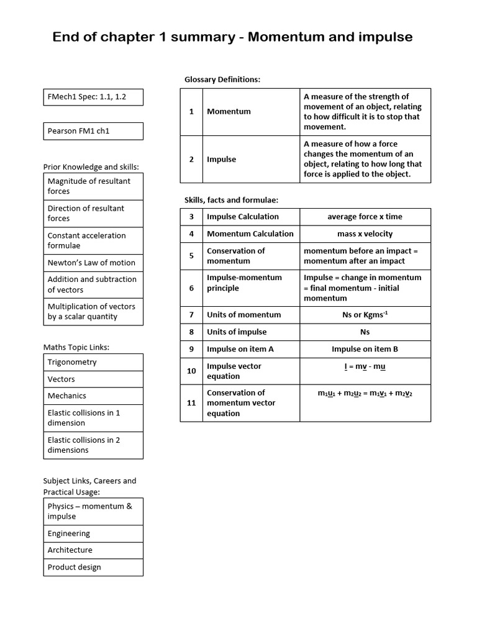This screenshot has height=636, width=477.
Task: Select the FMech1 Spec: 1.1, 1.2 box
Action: click(x=93, y=97)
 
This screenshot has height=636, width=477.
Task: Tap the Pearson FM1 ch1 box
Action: click(x=93, y=131)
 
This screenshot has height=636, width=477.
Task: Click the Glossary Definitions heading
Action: click(x=222, y=79)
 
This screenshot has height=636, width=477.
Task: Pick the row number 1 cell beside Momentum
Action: click(x=191, y=112)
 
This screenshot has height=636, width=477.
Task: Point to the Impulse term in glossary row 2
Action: click(x=222, y=160)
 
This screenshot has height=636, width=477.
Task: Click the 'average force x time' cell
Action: click(x=365, y=217)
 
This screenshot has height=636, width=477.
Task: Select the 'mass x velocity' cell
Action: click(x=365, y=234)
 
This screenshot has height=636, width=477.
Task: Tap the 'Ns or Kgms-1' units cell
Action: click(x=365, y=315)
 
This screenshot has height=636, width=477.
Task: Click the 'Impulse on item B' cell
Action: click(x=365, y=349)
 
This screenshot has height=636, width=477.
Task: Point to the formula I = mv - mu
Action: click(x=365, y=366)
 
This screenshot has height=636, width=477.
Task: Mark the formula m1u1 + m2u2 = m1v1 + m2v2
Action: click(x=365, y=393)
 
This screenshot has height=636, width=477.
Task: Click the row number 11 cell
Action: click(x=191, y=403)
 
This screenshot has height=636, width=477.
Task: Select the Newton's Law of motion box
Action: click(x=93, y=263)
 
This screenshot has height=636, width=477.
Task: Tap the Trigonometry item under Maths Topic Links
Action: click(x=93, y=362)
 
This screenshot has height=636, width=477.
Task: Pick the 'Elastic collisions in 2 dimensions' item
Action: click(x=93, y=445)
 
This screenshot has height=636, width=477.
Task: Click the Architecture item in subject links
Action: click(x=93, y=550)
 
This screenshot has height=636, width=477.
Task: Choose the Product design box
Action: click(x=93, y=567)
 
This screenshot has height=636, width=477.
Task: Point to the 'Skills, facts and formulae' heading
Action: click(x=231, y=199)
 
